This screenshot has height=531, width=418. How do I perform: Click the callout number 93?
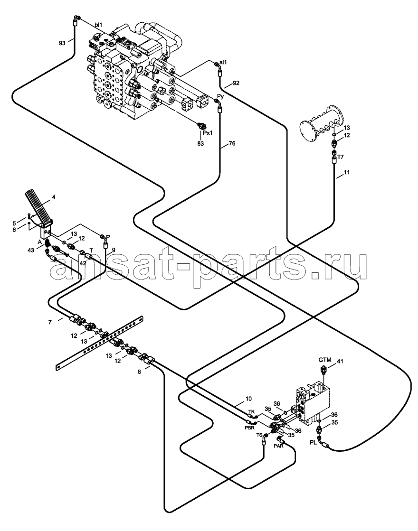(x=62, y=43)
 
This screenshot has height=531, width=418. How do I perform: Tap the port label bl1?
(x=98, y=25)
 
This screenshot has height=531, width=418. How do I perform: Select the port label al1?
(x=223, y=62)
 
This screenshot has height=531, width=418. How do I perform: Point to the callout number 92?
(x=236, y=83)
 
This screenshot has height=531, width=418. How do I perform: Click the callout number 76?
(x=231, y=144)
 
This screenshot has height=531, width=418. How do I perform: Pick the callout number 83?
(x=201, y=144)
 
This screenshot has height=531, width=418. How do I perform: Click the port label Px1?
(x=208, y=133)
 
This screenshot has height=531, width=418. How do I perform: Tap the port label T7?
(x=341, y=157)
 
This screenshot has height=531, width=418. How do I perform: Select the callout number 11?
(x=346, y=172)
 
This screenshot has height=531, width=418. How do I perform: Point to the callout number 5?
(x=14, y=223)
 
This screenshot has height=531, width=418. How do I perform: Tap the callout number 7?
(x=50, y=322)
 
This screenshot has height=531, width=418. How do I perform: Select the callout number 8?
(x=139, y=372)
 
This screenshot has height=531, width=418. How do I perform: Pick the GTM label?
(x=324, y=360)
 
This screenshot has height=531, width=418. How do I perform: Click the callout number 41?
(x=340, y=362)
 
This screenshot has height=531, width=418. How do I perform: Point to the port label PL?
(x=313, y=442)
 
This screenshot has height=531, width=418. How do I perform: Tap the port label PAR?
(x=278, y=446)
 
